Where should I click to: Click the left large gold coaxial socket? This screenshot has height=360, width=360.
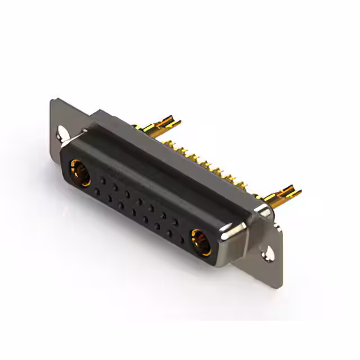[79, 173]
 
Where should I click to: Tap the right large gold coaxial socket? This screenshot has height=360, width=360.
[200, 241]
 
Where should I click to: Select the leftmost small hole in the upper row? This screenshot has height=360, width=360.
[103, 180]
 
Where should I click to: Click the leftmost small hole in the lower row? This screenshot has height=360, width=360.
[97, 192]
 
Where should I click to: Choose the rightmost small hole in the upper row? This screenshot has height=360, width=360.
[175, 222]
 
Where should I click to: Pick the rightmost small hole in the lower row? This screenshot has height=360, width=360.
[181, 238]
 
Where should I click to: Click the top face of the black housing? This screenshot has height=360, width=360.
[146, 169]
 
